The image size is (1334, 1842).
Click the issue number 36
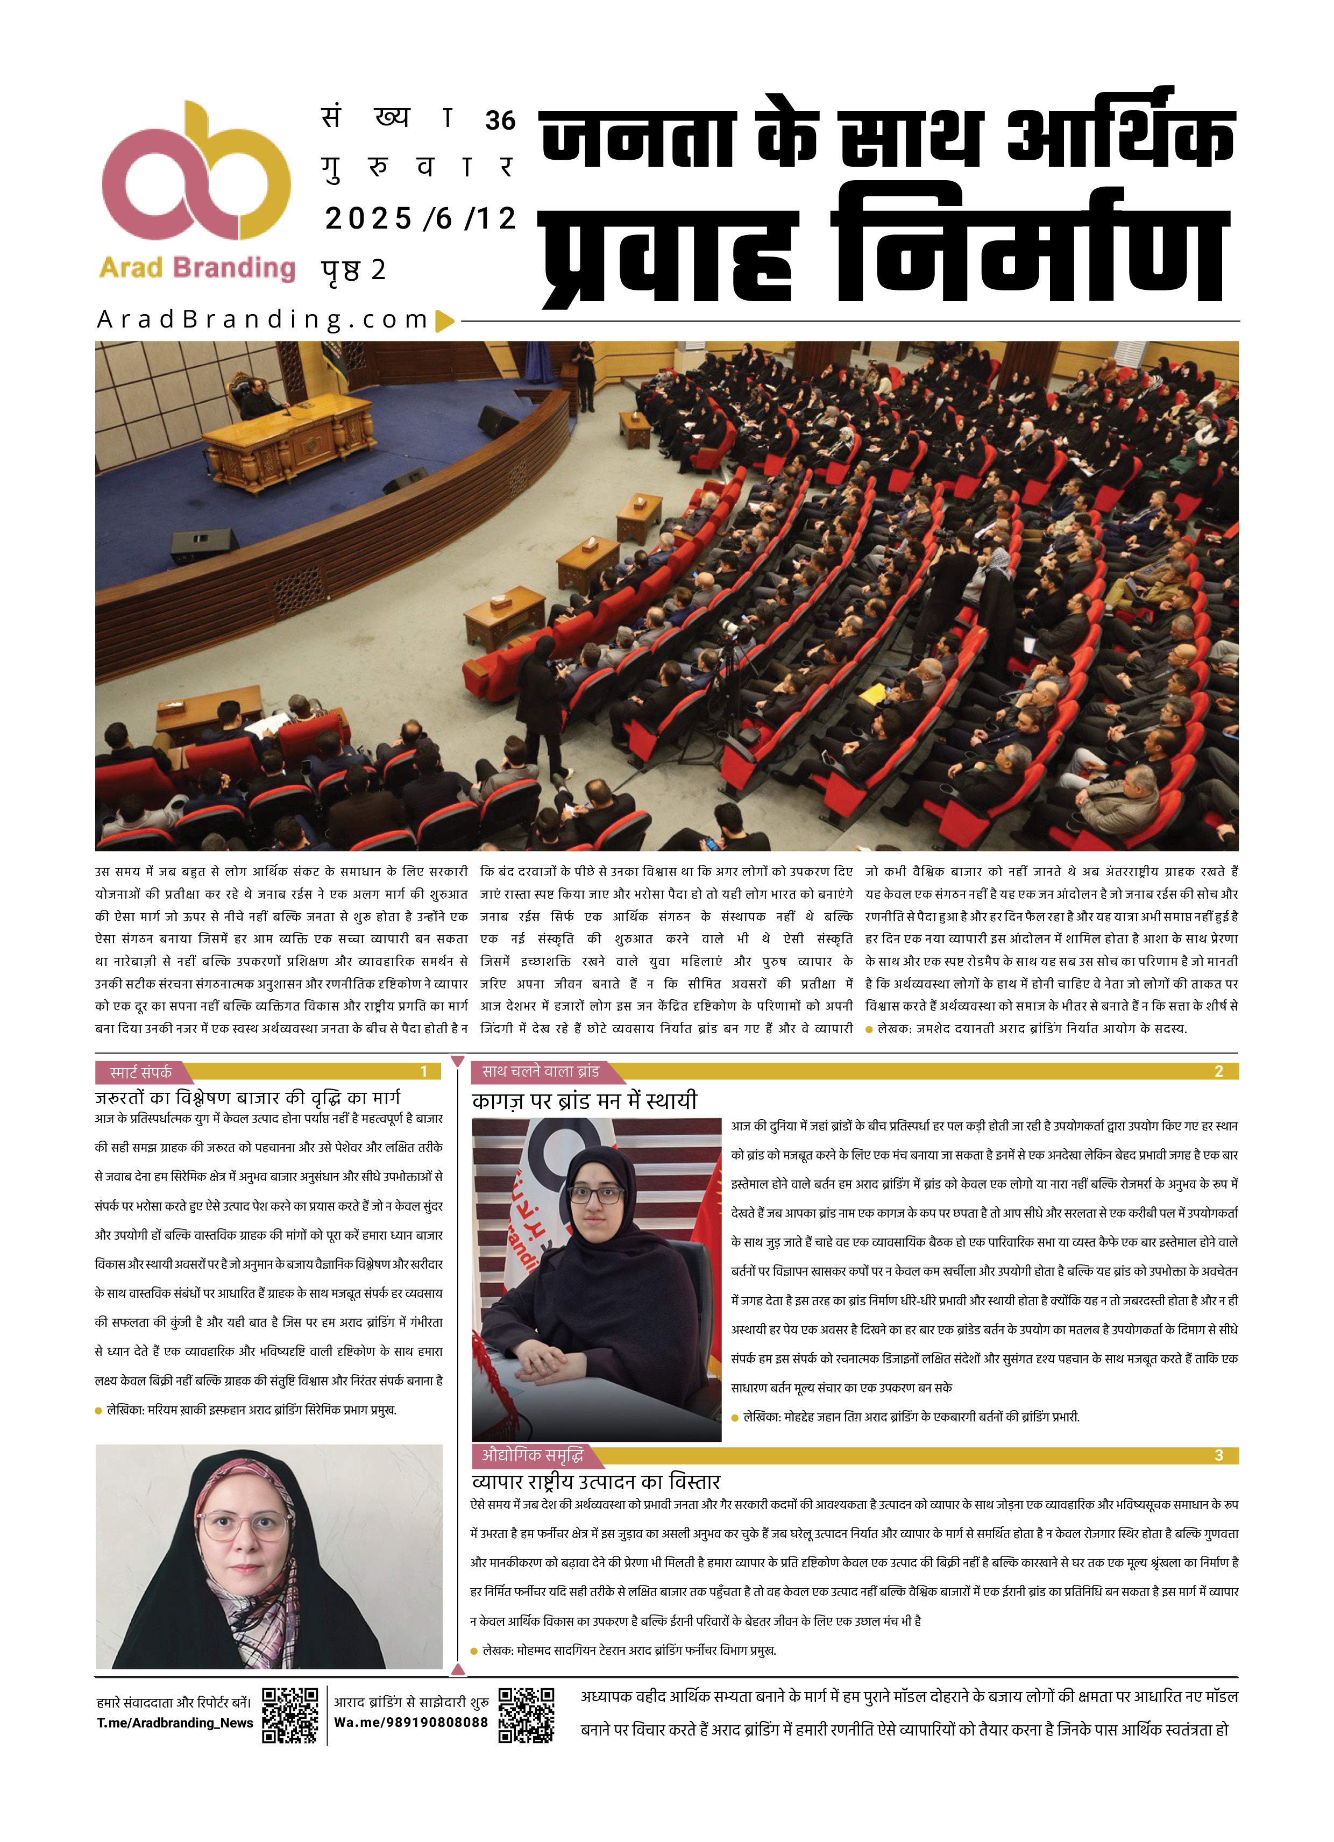pyautogui.click(x=500, y=121)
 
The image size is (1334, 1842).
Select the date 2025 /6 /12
pyautogui.click(x=420, y=218)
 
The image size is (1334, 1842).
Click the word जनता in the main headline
pyautogui.click(x=638, y=136)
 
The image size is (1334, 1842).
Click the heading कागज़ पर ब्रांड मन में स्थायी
pyautogui.click(x=584, y=1100)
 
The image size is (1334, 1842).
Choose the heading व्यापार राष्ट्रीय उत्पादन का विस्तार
pyautogui.click(x=595, y=1481)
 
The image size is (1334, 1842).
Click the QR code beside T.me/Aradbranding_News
pyautogui.click(x=290, y=1715)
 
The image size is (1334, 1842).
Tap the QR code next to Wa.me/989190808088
pyautogui.click(x=526, y=1715)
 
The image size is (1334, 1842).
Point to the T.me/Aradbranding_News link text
pyautogui.click(x=175, y=1723)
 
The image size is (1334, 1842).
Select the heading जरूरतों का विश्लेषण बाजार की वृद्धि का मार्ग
pyautogui.click(x=248, y=1097)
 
